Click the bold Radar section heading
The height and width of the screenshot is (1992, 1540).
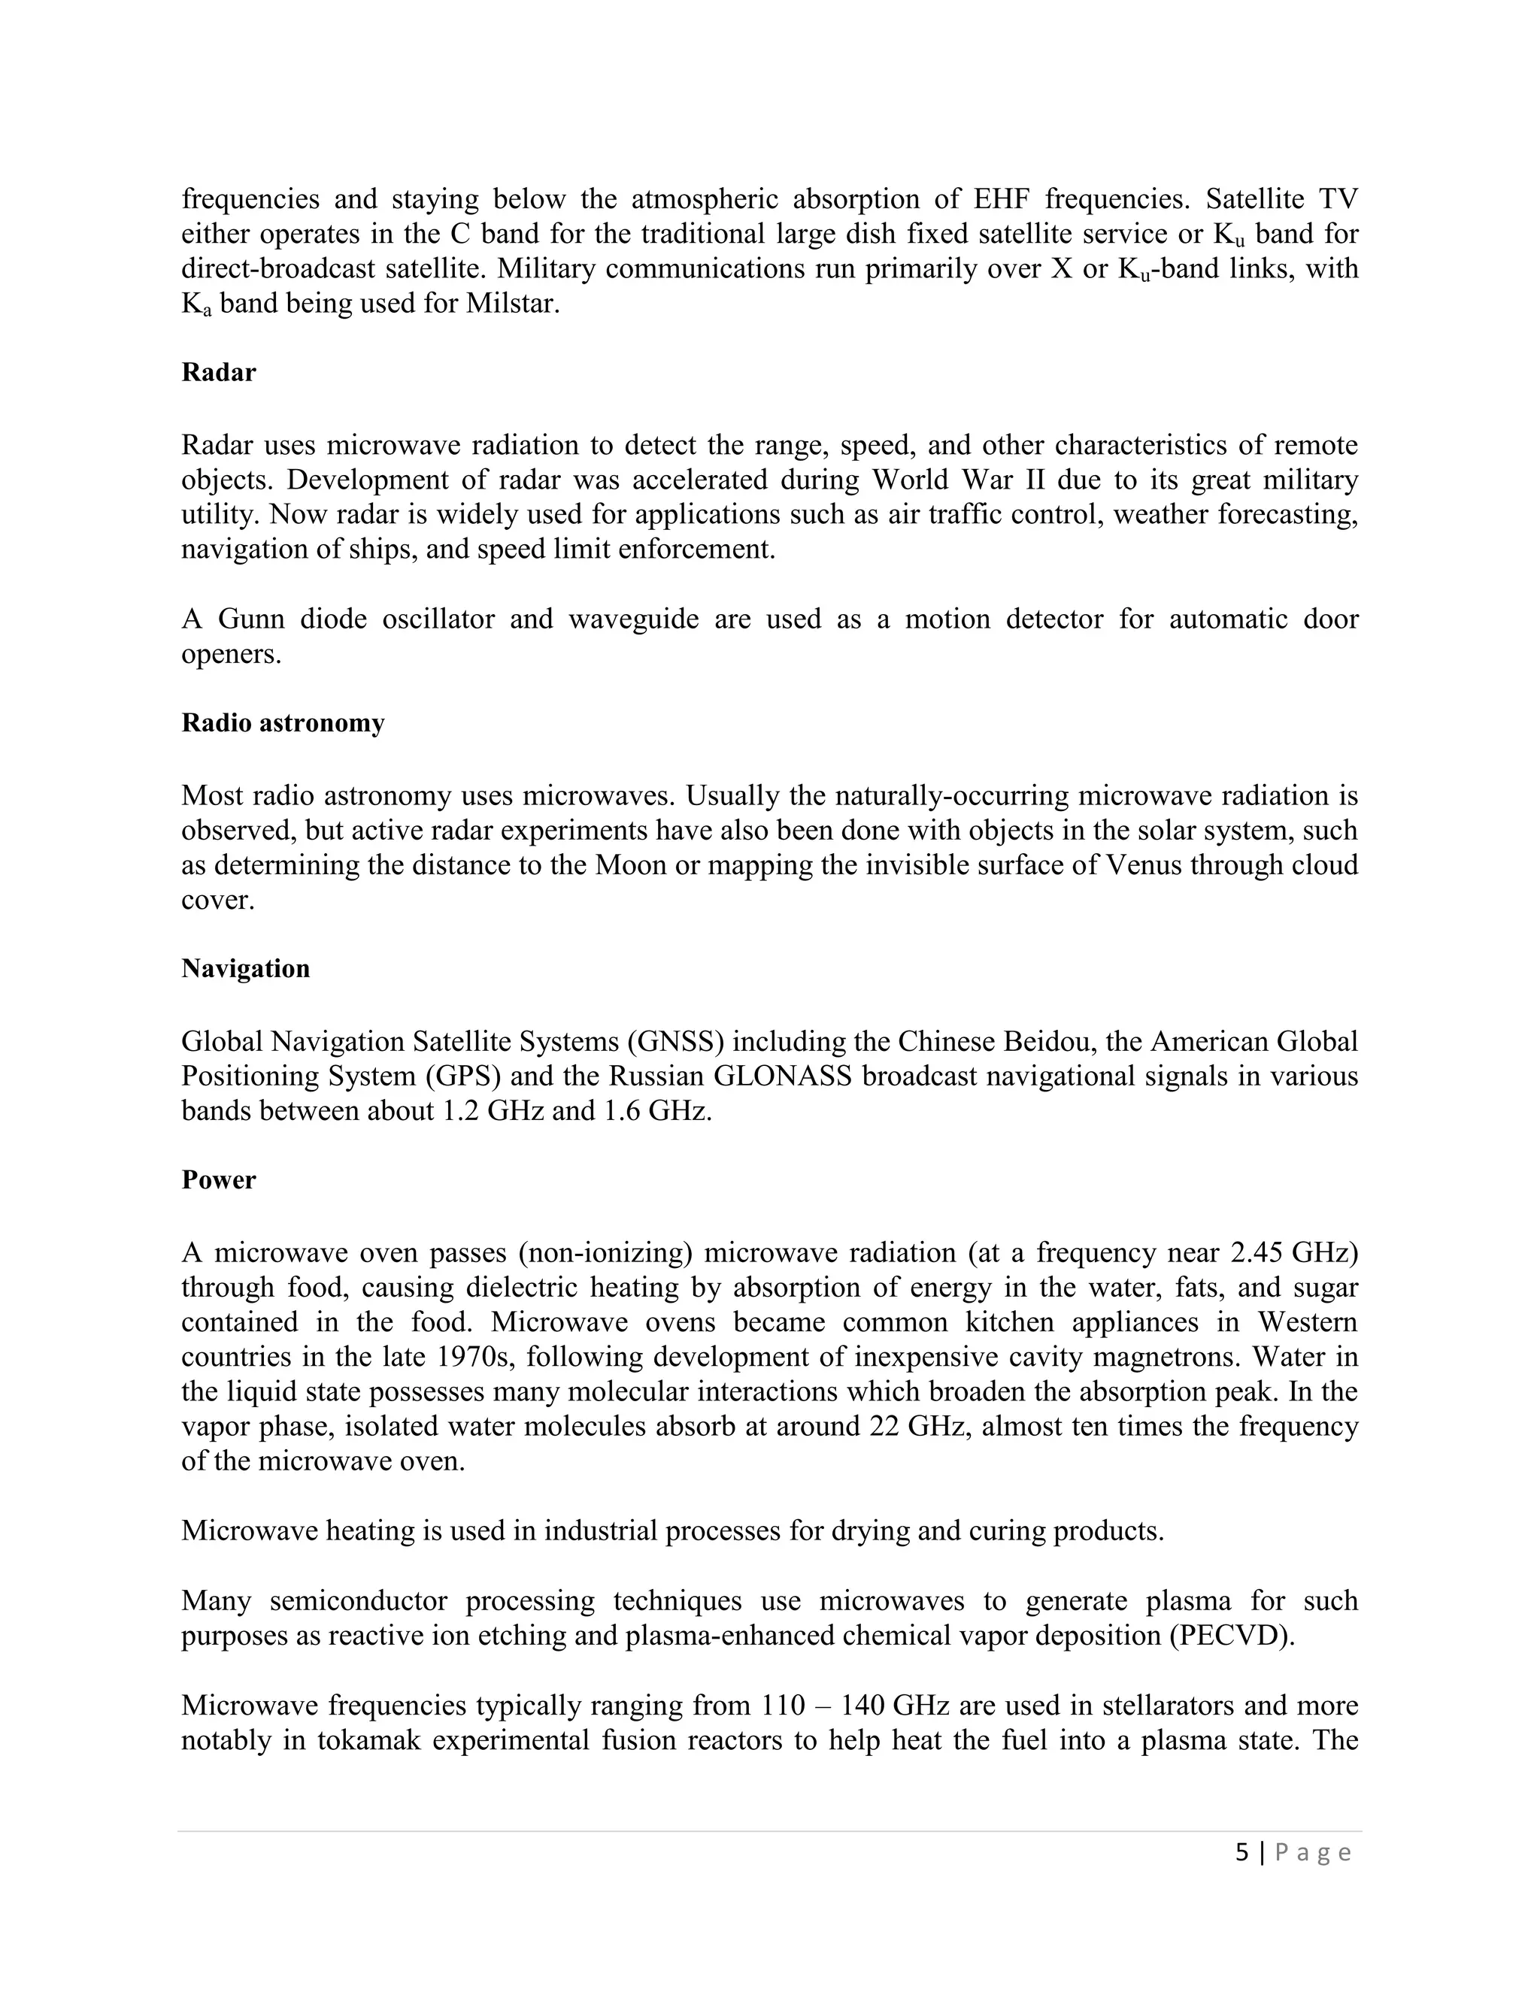pos(218,372)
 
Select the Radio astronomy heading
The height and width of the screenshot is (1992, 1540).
pos(283,722)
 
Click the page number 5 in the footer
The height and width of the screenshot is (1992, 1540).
pos(1241,1852)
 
